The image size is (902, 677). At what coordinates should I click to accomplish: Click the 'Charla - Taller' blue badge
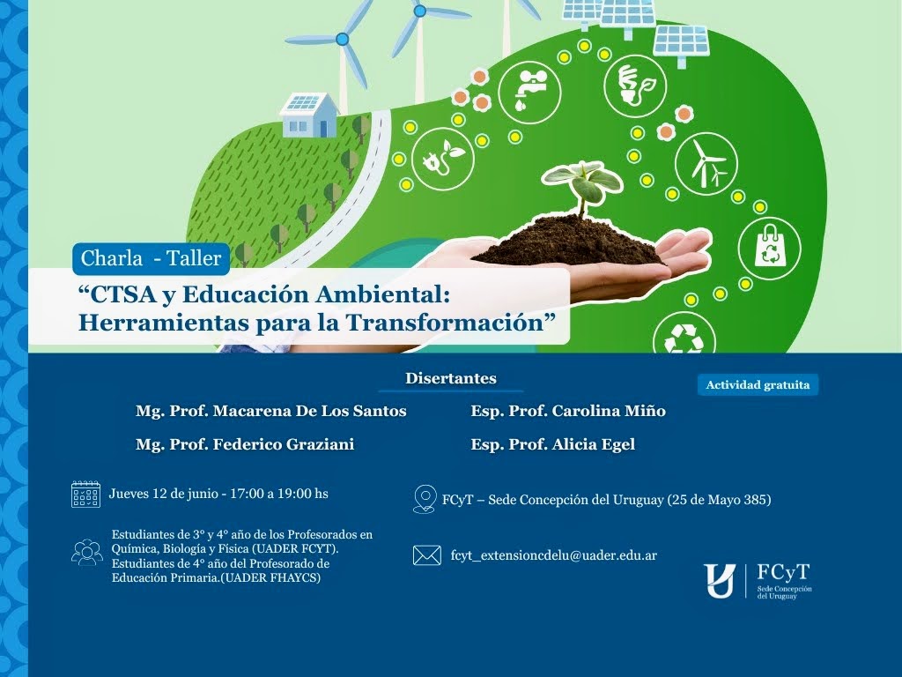pyautogui.click(x=151, y=258)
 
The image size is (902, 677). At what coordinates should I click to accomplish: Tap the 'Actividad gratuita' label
pyautogui.click(x=758, y=385)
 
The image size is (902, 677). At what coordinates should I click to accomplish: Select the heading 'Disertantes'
pyautogui.click(x=450, y=378)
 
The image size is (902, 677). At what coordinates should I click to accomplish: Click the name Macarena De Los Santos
pyautogui.click(x=309, y=411)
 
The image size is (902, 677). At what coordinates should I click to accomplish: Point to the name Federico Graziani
pyautogui.click(x=284, y=444)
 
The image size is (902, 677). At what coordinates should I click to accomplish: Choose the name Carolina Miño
pyautogui.click(x=609, y=411)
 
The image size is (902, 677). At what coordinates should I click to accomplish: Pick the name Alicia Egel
pyautogui.click(x=594, y=444)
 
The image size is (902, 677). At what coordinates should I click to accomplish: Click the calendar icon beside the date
pyautogui.click(x=85, y=494)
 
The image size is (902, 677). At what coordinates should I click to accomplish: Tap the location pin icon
pyautogui.click(x=425, y=499)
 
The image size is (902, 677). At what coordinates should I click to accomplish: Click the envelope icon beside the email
pyautogui.click(x=427, y=555)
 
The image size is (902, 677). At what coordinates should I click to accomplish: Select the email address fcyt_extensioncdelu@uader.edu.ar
pyautogui.click(x=554, y=555)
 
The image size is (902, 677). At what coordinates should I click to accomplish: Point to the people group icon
pyautogui.click(x=87, y=552)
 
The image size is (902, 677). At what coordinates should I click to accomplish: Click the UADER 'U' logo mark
pyautogui.click(x=720, y=581)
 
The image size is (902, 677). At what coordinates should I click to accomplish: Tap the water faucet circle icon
pyautogui.click(x=529, y=92)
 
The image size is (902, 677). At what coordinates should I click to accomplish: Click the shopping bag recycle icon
pyautogui.click(x=770, y=249)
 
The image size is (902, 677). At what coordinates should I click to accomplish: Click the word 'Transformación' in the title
pyautogui.click(x=445, y=323)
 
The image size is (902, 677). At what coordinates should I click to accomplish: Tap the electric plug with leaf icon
pyautogui.click(x=443, y=159)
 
